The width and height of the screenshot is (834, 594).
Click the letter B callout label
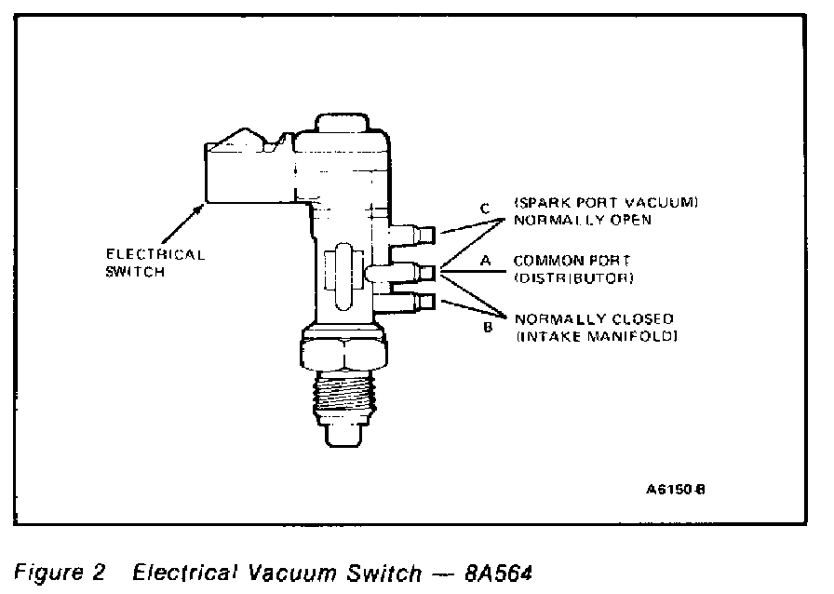485,328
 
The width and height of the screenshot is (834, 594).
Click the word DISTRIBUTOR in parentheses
574,278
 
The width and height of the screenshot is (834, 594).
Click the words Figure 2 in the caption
59,572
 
